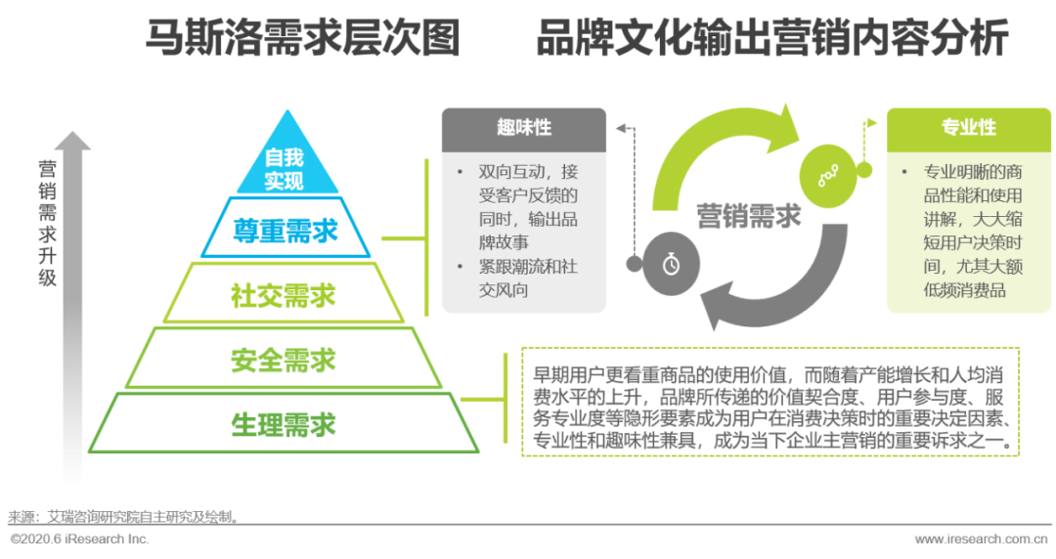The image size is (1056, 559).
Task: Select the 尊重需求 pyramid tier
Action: [285, 231]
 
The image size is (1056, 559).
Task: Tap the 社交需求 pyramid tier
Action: [284, 294]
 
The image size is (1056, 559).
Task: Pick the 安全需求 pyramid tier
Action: [284, 360]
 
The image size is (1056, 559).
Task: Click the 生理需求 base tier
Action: [284, 424]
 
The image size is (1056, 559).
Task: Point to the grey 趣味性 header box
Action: [523, 128]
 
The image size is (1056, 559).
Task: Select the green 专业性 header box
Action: [968, 128]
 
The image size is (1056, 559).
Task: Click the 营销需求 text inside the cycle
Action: [749, 216]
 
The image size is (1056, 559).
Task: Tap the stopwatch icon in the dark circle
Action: [670, 264]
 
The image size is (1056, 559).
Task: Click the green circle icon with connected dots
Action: [827, 174]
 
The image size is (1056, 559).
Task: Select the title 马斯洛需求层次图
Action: [303, 39]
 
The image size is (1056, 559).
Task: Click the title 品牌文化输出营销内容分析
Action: [771, 39]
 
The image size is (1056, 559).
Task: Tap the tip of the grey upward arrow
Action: [72, 138]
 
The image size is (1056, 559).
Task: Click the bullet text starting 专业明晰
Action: [967, 231]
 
